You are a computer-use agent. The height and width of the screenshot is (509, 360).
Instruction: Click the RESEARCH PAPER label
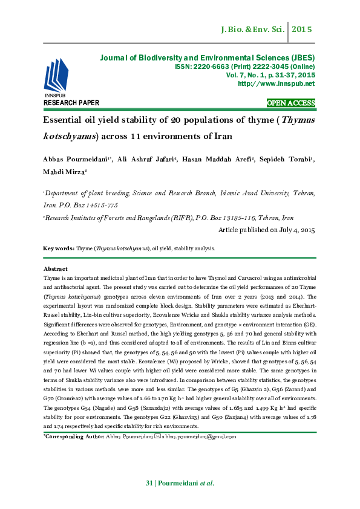tap(71, 103)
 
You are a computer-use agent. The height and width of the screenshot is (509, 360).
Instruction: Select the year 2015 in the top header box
tap(301, 29)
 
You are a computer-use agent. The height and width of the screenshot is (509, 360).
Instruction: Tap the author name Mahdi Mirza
tap(65, 172)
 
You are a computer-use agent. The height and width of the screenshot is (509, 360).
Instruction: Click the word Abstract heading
tap(55, 268)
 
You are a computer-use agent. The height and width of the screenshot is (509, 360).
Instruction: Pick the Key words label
tap(59, 248)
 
